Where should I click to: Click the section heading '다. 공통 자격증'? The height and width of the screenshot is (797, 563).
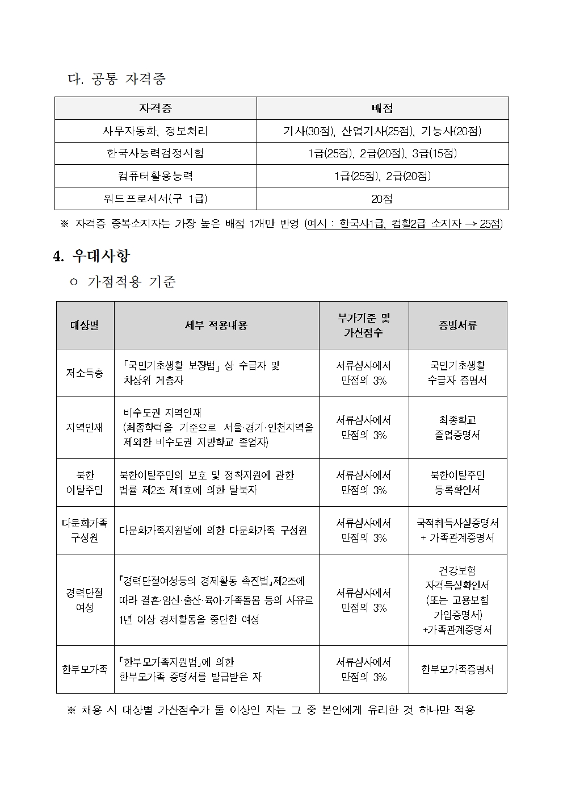[x=117, y=79]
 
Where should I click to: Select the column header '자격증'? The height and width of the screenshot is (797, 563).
[x=155, y=109]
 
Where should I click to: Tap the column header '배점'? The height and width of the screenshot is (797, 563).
[x=382, y=109]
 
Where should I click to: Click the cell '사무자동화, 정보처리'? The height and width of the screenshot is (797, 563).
[x=155, y=131]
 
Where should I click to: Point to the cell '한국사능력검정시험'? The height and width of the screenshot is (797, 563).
[x=155, y=153]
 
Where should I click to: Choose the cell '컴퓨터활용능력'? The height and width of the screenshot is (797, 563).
[x=155, y=176]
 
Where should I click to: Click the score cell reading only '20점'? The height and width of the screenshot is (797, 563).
[x=382, y=199]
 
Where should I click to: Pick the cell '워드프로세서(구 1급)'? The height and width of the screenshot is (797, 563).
[x=155, y=199]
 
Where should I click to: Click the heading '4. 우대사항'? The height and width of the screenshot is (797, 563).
[x=91, y=256]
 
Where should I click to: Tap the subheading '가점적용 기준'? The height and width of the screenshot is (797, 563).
[x=131, y=282]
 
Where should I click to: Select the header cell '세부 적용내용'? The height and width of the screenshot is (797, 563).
[x=216, y=326]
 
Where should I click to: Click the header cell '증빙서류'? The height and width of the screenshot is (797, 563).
[x=457, y=326]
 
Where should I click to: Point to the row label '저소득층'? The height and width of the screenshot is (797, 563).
[x=85, y=373]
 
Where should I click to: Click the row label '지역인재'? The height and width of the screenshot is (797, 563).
[x=85, y=428]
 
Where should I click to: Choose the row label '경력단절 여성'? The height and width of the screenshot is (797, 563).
[x=85, y=600]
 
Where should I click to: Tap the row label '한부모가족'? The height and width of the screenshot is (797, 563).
[x=85, y=669]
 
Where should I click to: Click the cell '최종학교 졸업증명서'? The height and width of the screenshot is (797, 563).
[x=457, y=428]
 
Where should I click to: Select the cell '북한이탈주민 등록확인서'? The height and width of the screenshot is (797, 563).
[x=457, y=482]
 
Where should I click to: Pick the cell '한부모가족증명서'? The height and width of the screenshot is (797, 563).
[x=457, y=669]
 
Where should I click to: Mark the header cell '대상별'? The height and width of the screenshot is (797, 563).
[x=85, y=326]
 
